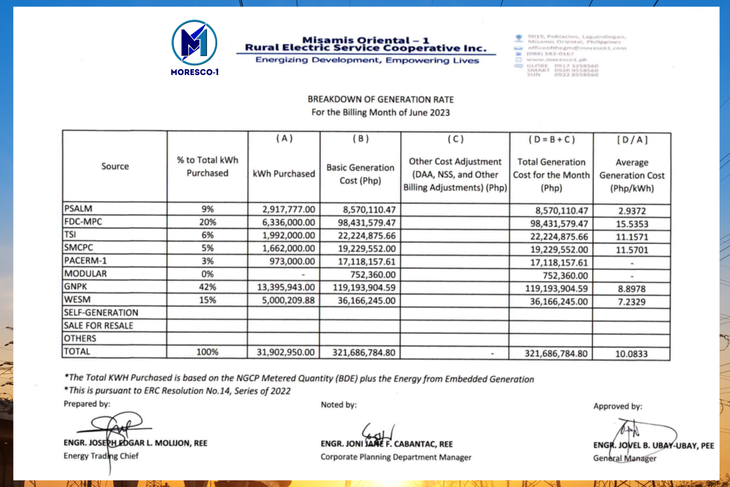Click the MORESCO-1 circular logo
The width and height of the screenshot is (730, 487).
194,43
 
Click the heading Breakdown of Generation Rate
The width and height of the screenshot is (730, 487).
380,100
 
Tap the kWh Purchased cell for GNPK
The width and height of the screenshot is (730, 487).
286,287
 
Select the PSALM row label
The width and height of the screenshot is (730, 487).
78,208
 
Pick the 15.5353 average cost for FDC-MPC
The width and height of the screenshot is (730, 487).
632,224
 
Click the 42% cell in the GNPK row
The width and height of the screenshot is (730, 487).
207,287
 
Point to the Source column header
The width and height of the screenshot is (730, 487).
115,166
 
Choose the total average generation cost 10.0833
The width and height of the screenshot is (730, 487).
631,354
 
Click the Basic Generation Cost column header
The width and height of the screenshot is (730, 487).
360,174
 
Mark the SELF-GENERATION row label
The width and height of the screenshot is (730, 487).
101,313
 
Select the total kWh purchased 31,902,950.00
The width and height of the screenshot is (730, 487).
286,352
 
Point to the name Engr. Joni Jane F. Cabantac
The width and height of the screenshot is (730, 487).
386,444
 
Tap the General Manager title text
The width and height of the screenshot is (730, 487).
624,458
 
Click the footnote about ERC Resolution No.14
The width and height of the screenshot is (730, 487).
177,391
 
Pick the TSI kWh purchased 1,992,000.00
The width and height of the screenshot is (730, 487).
288,235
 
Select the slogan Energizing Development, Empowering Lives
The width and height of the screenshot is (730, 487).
367,60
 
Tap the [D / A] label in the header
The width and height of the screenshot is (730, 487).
632,140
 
